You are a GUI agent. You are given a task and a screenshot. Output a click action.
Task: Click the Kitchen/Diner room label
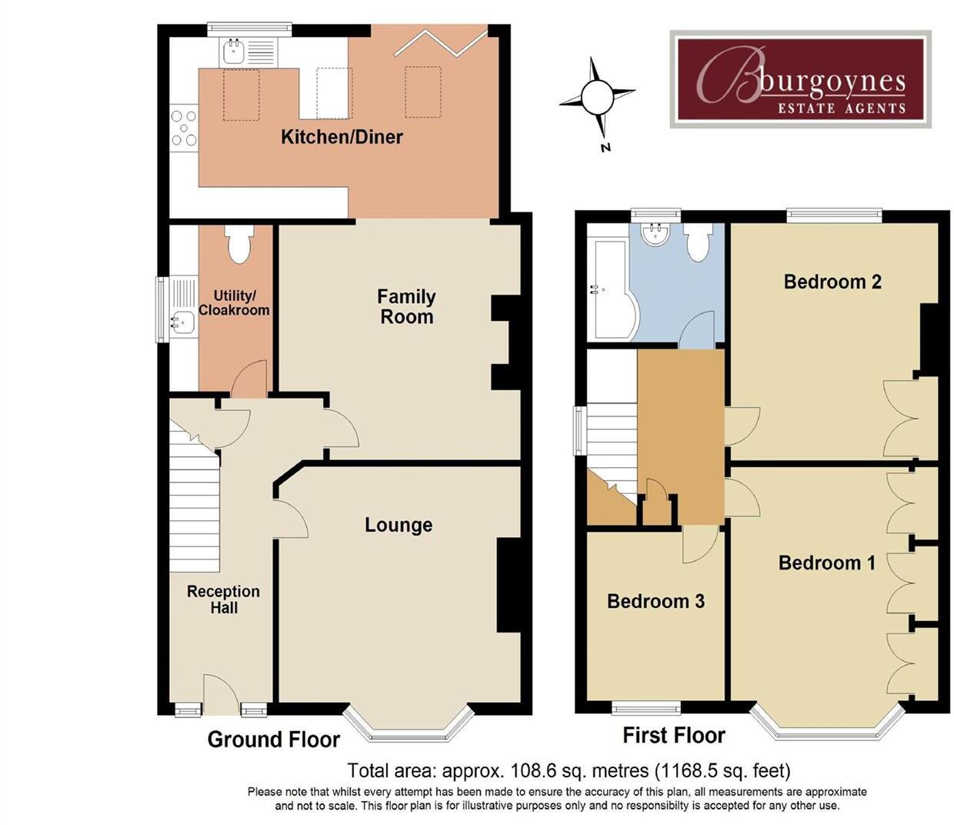(342, 137)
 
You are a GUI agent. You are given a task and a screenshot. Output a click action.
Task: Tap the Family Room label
(406, 306)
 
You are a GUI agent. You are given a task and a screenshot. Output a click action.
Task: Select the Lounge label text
(398, 525)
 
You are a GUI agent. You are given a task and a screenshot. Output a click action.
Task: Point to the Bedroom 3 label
(655, 601)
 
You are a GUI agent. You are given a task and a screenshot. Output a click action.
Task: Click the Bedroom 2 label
(832, 282)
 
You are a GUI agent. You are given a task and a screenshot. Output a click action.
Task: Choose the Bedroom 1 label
(826, 563)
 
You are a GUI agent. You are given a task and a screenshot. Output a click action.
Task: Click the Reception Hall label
(223, 600)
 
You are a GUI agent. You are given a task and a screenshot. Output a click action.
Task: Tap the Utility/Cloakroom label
(234, 302)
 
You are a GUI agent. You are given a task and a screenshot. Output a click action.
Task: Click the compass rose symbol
(597, 99)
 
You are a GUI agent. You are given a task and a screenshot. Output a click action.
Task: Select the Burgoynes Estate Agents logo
(800, 78)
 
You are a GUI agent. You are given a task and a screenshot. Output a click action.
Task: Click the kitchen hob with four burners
(184, 128)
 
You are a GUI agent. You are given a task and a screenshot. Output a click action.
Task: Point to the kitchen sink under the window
(234, 52)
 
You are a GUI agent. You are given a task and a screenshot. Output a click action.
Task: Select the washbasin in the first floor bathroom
(655, 234)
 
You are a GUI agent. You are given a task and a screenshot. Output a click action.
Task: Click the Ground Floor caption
(273, 740)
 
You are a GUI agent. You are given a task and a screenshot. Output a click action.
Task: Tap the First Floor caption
(673, 736)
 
